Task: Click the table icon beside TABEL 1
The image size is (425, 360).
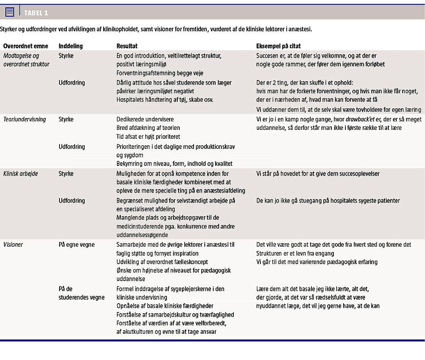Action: [x=10, y=12]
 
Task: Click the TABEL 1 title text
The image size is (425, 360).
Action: [x=36, y=13]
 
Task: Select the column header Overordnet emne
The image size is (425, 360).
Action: [x=25, y=46]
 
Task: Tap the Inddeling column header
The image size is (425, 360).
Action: [x=70, y=46]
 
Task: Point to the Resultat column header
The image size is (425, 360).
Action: [x=127, y=46]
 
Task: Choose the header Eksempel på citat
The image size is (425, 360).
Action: [x=278, y=46]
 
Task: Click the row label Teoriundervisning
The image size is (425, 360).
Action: [x=25, y=119]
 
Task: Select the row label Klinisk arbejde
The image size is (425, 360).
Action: [x=20, y=174]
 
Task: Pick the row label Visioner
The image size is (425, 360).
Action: [x=13, y=245]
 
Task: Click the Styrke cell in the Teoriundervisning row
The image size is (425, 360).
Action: [x=66, y=119]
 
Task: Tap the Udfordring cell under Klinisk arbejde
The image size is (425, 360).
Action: [x=71, y=201]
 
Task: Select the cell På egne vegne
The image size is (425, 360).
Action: [x=76, y=245]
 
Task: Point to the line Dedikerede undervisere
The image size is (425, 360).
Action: [x=145, y=119]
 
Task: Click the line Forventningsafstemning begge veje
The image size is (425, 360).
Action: [x=160, y=73]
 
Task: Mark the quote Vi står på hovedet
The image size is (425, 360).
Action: [x=318, y=174]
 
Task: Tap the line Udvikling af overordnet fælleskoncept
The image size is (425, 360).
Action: [x=162, y=262]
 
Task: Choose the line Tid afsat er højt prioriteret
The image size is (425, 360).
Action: [x=148, y=136]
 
